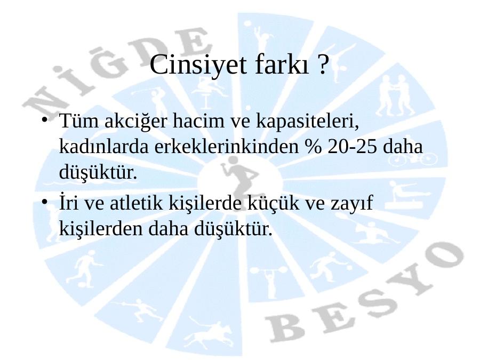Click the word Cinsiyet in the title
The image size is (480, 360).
(x=198, y=65)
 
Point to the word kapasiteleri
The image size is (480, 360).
(x=307, y=122)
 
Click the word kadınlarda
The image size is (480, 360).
(x=103, y=147)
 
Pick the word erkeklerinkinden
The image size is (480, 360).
(x=226, y=147)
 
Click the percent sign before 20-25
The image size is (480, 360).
(x=314, y=147)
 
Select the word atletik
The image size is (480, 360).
(x=136, y=203)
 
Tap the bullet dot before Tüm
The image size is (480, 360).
(x=45, y=119)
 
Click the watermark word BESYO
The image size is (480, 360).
(x=364, y=294)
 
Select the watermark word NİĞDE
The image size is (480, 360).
(x=117, y=70)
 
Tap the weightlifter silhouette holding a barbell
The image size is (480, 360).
(x=269, y=278)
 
